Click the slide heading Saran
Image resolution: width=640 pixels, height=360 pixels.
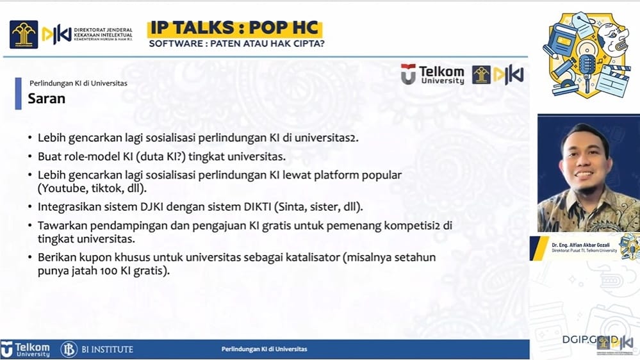[x=47, y=99]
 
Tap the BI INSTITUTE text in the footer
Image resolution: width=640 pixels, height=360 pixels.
[x=108, y=349]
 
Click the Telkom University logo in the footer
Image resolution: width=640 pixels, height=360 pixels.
[x=26, y=350]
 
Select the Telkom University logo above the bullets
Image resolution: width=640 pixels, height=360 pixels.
[x=432, y=74]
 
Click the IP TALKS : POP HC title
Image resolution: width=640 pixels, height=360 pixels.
[x=234, y=28]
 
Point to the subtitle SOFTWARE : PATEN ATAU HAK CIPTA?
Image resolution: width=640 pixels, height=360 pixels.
[x=236, y=44]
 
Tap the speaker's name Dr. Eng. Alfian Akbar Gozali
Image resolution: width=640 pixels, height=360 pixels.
[x=580, y=245]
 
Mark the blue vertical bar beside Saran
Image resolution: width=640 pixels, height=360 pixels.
[x=19, y=94]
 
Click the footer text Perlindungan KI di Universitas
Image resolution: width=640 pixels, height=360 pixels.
[x=264, y=349]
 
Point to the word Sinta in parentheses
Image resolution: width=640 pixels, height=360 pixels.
[x=291, y=206]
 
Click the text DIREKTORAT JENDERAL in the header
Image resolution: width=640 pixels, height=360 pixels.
[x=103, y=30]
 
